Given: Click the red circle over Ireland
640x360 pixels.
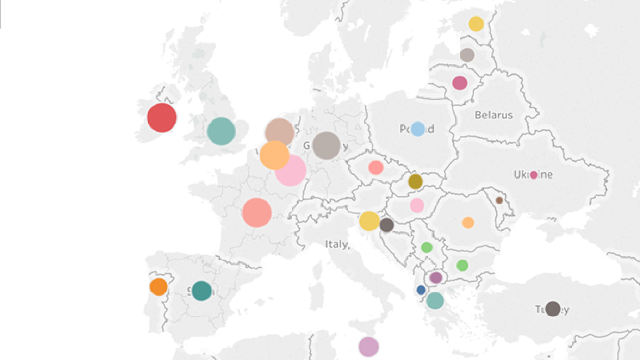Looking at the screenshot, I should pos(162,117).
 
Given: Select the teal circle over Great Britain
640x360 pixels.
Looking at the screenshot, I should pos(221,131).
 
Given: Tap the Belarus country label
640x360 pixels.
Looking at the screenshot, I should pos(494,115).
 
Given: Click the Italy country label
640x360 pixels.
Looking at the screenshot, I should pos(337,244).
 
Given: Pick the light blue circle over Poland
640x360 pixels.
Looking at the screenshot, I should pos(418,129).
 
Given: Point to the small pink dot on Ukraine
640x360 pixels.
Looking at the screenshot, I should pos(533,175).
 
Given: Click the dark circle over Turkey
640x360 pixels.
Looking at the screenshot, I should pos(553,309).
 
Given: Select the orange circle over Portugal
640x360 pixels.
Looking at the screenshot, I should pos(159,286).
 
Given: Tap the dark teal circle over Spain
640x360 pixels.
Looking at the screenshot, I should pos(201,291).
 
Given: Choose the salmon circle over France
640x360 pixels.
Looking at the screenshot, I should pos(257,213).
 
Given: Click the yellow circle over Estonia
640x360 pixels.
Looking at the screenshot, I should pos(476,24).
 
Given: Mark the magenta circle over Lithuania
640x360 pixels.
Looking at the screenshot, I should pos(460,83).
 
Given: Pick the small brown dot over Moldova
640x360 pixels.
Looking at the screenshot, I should pos(499,201).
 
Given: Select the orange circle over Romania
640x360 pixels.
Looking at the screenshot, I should pos(468,223).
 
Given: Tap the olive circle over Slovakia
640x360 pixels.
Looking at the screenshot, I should pos(415,182).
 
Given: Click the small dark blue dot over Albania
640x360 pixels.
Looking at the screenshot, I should pos(421,290).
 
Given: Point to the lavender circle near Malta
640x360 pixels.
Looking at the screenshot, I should pos(369,347).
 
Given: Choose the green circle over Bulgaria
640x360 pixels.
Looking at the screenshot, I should pos(462,265).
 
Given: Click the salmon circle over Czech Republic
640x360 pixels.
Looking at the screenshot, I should pos(376,167).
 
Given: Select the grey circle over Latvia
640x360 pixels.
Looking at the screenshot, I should pos(467,55).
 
